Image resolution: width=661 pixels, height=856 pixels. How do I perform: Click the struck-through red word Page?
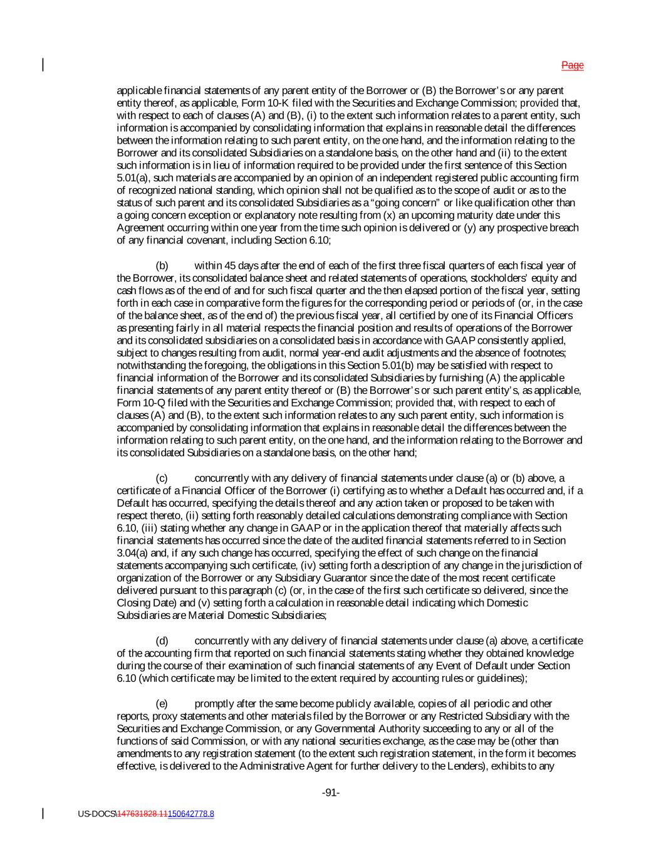click(x=572, y=65)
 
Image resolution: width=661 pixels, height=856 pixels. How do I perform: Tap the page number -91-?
click(x=331, y=793)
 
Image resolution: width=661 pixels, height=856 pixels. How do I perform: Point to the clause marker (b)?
click(x=162, y=266)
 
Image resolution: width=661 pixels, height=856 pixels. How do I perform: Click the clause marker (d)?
click(x=162, y=641)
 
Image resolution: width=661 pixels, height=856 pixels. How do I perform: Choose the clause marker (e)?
click(x=162, y=704)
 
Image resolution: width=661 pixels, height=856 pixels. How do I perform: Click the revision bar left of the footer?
click(x=43, y=813)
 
